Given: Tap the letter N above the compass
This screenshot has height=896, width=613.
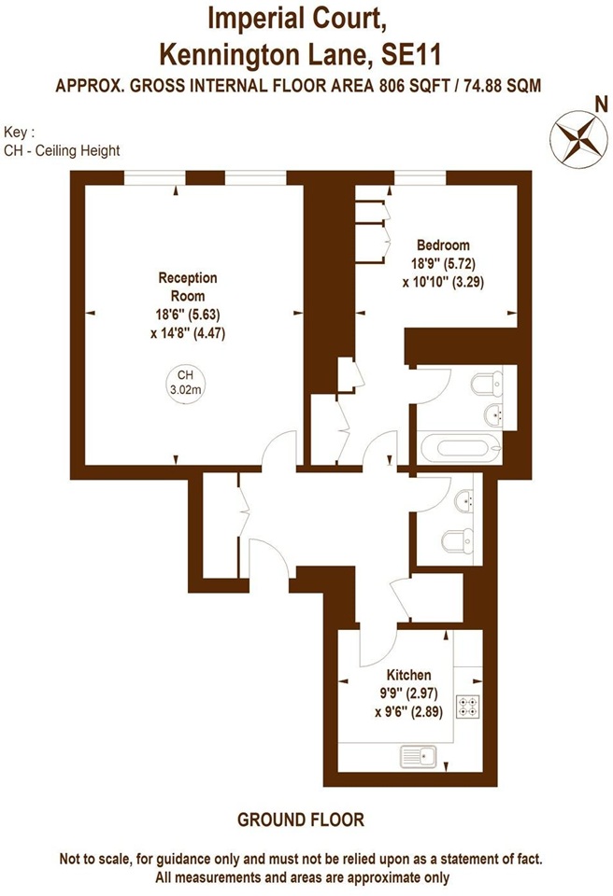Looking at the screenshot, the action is tap(601, 105).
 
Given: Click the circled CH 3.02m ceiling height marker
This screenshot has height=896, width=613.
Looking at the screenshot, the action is tap(185, 384).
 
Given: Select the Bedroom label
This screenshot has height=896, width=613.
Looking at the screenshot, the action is tap(443, 245).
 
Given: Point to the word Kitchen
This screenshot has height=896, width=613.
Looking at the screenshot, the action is tap(408, 675).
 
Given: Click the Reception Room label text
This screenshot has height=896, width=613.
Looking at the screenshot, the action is tap(188, 287).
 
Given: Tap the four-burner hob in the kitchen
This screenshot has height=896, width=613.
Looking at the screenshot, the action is tap(467, 707).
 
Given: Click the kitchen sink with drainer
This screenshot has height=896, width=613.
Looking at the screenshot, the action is tap(419, 757).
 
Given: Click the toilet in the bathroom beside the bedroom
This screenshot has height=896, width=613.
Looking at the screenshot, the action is tap(488, 384).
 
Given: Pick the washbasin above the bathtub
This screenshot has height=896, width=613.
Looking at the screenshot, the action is tap(494, 414).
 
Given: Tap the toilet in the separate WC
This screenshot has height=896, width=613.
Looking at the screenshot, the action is tap(459, 541).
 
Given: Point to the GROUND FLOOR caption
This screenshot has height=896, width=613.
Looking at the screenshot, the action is tap(301, 820).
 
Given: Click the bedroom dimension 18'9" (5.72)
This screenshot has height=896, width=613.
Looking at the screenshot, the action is tap(443, 263).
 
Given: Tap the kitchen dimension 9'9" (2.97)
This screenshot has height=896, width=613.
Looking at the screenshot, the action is tap(408, 693).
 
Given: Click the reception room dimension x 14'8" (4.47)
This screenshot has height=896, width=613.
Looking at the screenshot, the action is tap(188, 332).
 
